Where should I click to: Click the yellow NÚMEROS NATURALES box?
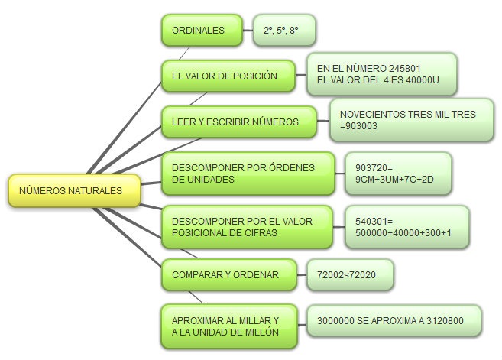coord(74,190)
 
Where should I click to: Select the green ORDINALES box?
coord(199,31)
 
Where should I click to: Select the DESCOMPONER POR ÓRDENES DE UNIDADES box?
coord(248,173)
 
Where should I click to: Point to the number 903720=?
coord(373,167)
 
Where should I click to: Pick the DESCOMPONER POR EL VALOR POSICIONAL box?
coord(248,227)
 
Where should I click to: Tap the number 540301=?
coord(373,221)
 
